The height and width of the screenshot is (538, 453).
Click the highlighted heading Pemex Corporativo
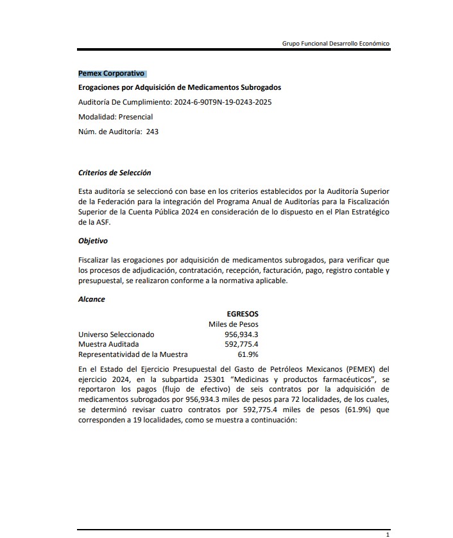pos(111,74)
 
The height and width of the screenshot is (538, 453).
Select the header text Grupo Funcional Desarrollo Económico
pos(336,44)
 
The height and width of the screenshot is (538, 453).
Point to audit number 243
pos(152,132)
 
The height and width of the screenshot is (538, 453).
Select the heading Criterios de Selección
pos(114,173)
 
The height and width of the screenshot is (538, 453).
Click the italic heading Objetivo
pos(93,241)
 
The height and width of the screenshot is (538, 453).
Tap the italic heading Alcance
pos(91,299)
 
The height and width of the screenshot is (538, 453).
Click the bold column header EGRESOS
pos(243,314)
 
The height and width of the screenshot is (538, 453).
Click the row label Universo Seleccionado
pos(116,334)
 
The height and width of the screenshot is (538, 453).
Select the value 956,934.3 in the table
pos(241,334)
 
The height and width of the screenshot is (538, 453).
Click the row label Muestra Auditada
pos(106,344)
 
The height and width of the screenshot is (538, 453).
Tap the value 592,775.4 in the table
pos(241,344)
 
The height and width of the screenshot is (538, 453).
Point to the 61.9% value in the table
pos(248,354)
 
